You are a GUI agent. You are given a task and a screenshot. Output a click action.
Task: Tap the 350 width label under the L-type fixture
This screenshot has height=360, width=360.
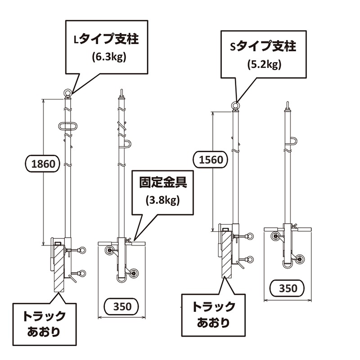(122, 307)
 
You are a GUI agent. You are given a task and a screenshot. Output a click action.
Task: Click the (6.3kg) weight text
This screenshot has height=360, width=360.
(108, 57)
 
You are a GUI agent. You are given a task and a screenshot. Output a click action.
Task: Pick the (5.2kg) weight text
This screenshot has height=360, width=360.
(264, 64)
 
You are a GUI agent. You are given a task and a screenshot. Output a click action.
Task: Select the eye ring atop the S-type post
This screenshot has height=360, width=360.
(234, 107)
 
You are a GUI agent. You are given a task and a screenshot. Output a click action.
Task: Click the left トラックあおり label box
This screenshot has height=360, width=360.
(44, 324)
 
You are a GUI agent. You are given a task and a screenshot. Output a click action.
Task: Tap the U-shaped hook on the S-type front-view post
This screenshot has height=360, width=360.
(293, 142)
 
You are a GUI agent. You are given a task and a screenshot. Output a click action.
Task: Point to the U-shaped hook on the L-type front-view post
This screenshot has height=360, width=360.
(126, 144)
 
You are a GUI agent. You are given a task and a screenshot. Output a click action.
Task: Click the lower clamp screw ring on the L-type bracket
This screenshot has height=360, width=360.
(82, 272)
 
